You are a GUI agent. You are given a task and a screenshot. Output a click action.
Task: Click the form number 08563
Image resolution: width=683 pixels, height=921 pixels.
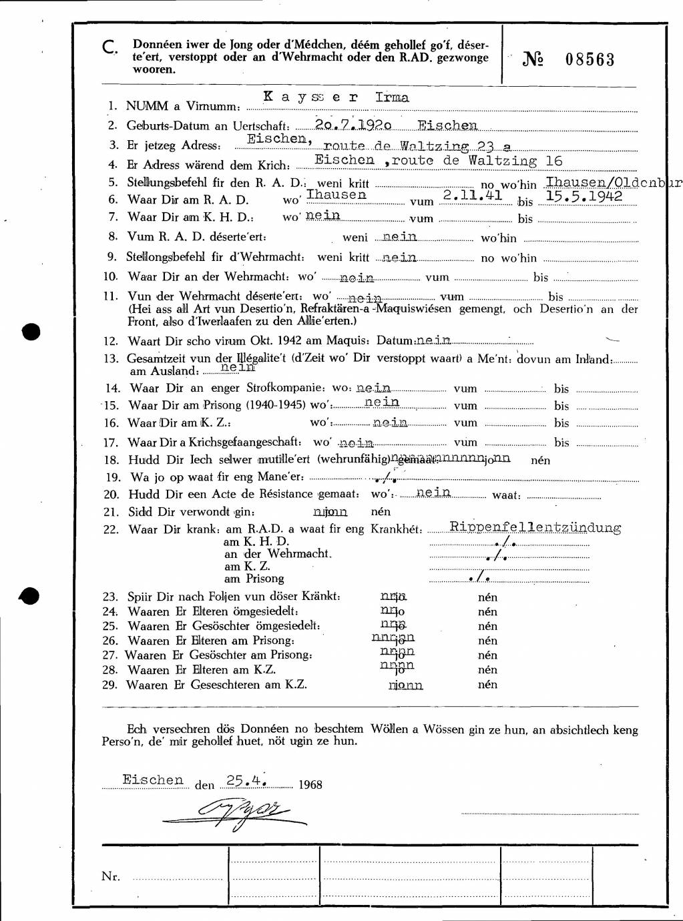pyautogui.click(x=590, y=59)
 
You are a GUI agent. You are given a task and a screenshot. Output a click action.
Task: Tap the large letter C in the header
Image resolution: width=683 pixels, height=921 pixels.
pyautogui.click(x=110, y=47)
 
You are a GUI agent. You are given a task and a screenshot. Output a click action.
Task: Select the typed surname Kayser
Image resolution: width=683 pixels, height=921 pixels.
pyautogui.click(x=311, y=97)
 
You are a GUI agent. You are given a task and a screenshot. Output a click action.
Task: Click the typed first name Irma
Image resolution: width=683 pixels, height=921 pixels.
pyautogui.click(x=392, y=97)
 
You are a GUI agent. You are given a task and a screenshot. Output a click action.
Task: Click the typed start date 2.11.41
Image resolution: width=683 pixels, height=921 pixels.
pyautogui.click(x=473, y=195)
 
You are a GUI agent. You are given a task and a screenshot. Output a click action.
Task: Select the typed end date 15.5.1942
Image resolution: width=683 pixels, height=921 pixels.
pyautogui.click(x=584, y=196)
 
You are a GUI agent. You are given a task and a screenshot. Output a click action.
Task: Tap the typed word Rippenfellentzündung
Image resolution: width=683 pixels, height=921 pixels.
pyautogui.click(x=535, y=527)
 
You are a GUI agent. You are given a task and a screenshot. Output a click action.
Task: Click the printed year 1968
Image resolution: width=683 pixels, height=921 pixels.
pyautogui.click(x=310, y=785)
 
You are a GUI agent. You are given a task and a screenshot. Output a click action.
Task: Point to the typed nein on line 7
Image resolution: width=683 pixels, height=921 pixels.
pyautogui.click(x=322, y=215)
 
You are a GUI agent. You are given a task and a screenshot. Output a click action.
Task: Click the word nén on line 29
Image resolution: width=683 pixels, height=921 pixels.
pyautogui.click(x=487, y=684)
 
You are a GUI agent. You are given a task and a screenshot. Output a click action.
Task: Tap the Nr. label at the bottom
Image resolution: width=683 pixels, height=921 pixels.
pyautogui.click(x=111, y=876)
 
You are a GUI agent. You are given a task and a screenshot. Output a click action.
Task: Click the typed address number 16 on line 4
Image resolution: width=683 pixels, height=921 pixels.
pyautogui.click(x=553, y=161)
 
